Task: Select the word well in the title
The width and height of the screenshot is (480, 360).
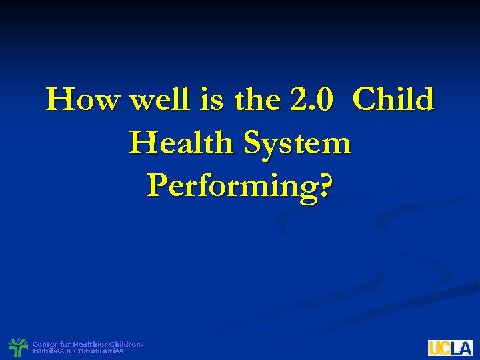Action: [159, 101]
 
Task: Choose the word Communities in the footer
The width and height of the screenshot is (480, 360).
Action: [99, 351]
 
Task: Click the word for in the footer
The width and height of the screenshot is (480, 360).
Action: [65, 344]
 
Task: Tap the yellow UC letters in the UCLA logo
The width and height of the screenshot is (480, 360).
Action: [439, 348]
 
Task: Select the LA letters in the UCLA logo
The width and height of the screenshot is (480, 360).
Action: [461, 348]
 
